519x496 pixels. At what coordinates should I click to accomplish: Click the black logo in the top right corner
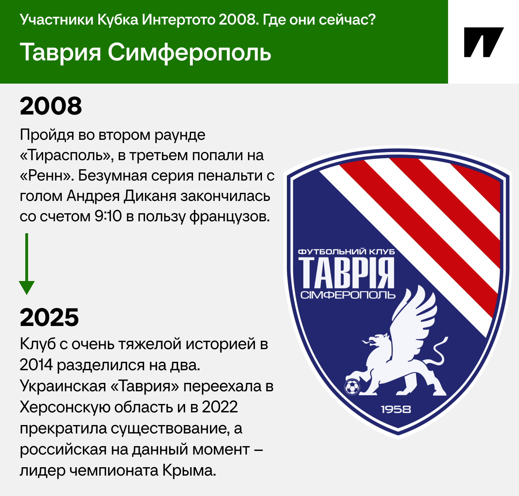484,42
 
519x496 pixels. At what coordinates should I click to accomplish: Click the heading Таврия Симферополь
146,52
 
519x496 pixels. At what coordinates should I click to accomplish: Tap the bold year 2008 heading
51,106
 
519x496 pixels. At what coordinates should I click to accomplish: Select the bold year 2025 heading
50,317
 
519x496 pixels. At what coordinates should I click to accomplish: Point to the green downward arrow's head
27,287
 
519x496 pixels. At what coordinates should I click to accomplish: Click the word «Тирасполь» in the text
65,155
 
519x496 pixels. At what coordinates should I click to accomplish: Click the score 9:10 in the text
108,216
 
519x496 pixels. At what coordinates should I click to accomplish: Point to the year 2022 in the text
220,407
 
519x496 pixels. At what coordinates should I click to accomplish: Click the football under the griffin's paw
352,387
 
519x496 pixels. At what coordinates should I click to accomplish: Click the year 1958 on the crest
396,409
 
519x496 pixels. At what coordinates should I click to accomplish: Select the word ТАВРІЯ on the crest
347,273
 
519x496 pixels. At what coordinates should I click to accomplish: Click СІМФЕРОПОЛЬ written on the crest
348,295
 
